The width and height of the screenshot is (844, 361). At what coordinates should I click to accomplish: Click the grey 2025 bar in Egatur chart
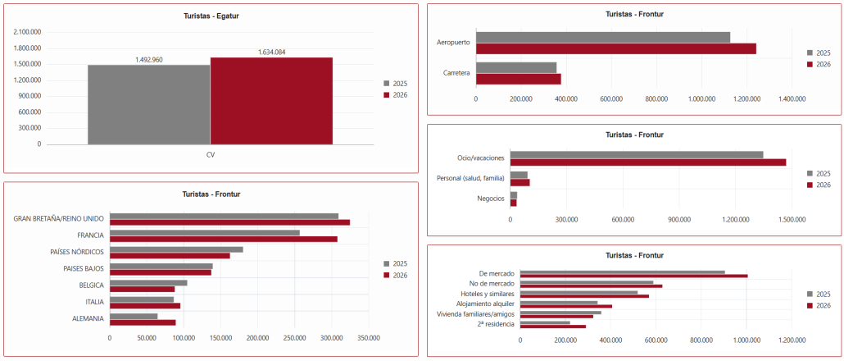click(149, 104)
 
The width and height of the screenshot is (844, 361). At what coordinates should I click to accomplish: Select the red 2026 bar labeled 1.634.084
click(271, 101)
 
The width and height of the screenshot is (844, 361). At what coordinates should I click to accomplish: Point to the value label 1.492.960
click(149, 60)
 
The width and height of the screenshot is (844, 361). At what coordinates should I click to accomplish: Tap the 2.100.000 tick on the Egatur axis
click(26, 32)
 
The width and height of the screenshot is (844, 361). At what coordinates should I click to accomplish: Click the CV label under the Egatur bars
click(211, 154)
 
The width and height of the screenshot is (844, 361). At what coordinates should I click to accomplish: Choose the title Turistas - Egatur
click(211, 16)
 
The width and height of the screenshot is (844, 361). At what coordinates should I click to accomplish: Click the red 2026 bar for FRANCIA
click(224, 239)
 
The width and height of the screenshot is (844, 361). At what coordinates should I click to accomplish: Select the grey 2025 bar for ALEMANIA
click(134, 316)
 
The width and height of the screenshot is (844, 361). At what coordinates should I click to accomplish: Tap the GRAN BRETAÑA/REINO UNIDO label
click(59, 219)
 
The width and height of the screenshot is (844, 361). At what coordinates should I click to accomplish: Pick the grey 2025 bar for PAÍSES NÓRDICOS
click(176, 249)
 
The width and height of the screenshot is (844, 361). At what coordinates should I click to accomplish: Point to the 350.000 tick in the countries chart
click(368, 338)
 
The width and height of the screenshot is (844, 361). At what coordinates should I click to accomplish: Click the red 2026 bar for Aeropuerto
click(615, 48)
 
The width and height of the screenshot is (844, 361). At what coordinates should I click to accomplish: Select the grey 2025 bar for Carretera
click(516, 68)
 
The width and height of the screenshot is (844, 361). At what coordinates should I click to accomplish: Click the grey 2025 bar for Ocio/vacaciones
click(637, 154)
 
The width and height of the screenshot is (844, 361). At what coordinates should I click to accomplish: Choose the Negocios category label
click(490, 199)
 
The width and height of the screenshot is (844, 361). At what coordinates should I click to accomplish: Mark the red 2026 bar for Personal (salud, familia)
click(520, 182)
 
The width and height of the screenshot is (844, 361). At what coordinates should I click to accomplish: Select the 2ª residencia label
click(497, 324)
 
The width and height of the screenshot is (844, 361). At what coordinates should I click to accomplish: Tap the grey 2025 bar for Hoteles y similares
click(579, 292)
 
